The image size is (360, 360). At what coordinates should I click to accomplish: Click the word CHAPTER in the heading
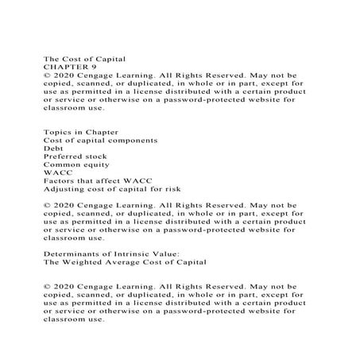[x=63, y=68]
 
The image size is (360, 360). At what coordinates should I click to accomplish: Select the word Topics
[x=56, y=131]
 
